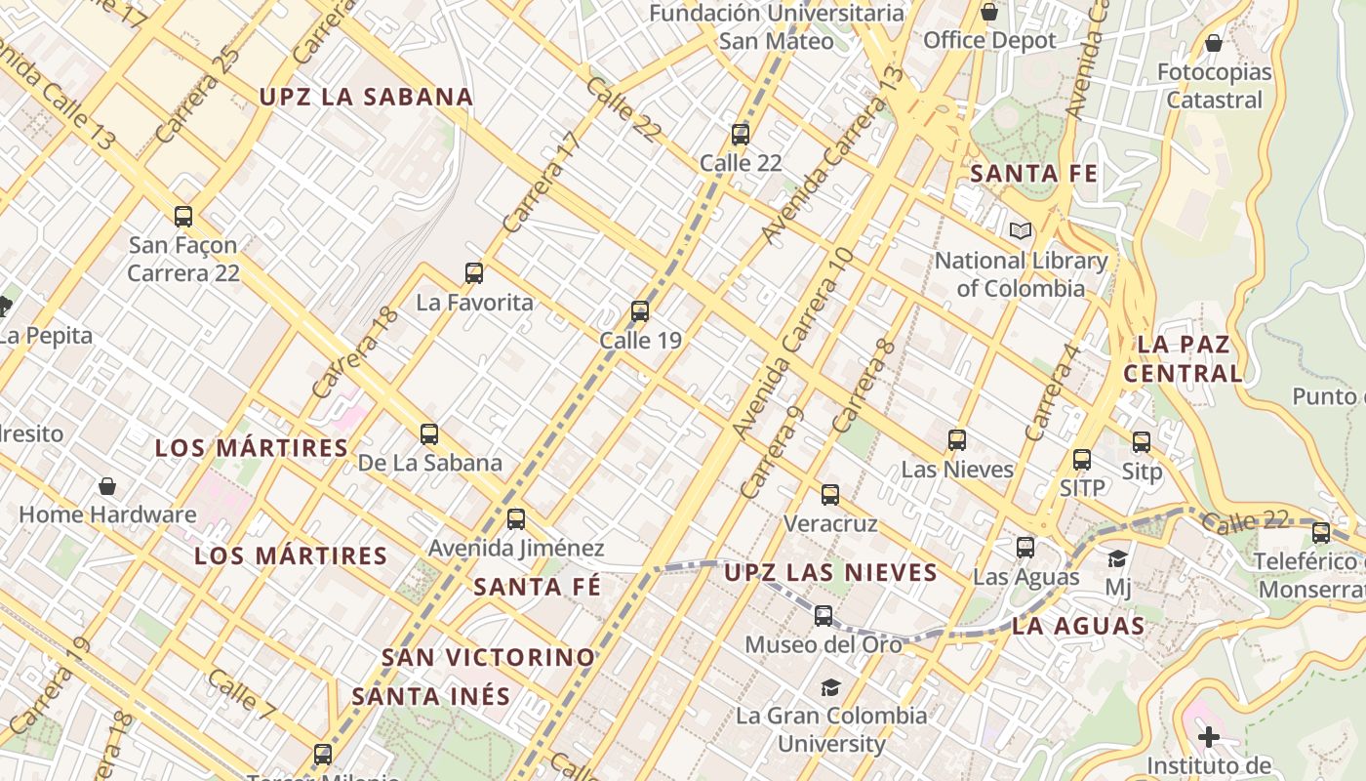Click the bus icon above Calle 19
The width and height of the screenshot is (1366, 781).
click(x=640, y=311)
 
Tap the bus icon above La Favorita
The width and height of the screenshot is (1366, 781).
click(x=474, y=273)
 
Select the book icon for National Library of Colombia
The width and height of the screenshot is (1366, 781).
click(x=1021, y=231)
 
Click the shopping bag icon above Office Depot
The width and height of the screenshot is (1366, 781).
click(x=989, y=12)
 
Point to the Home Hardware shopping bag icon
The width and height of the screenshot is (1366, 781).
click(x=107, y=485)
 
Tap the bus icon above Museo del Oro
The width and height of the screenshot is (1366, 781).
click(x=824, y=616)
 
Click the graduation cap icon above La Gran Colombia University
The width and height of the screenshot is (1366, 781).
click(x=830, y=687)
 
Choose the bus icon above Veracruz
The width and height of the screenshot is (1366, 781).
click(x=830, y=495)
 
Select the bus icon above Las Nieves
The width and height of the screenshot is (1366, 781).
click(x=957, y=440)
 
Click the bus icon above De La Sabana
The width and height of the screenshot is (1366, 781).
click(x=429, y=434)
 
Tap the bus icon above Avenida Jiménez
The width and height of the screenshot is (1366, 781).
click(x=516, y=519)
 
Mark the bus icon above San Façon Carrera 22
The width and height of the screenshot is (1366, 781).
click(x=183, y=217)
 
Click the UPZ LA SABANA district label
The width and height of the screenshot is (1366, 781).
click(x=366, y=97)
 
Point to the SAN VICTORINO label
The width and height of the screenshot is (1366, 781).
click(x=488, y=657)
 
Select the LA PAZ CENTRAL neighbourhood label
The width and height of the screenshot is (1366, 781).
click(x=1184, y=358)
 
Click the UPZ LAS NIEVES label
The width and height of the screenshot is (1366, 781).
click(x=830, y=572)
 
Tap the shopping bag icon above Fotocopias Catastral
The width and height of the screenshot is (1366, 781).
click(x=1214, y=43)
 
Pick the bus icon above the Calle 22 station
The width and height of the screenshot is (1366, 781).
click(x=741, y=135)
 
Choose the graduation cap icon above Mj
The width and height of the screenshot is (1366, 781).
click(x=1117, y=558)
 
